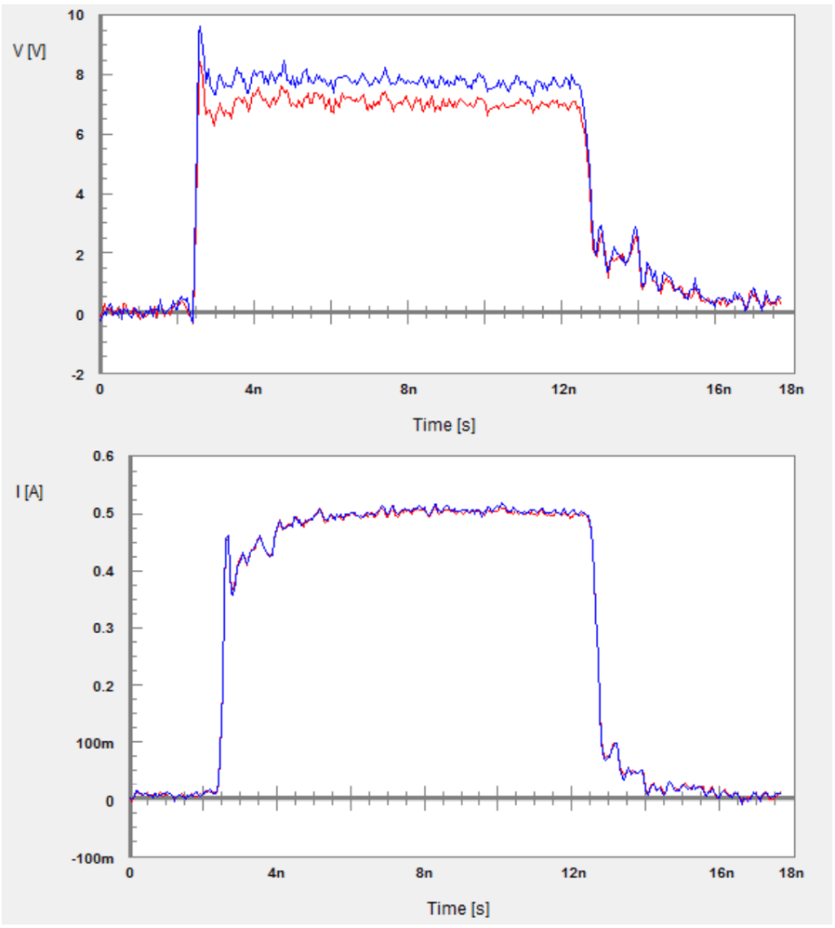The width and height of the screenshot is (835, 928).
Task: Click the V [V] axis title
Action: coord(29,51)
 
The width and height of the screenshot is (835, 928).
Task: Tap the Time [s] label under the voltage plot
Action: coord(444,424)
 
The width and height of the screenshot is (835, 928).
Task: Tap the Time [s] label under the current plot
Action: coord(458,908)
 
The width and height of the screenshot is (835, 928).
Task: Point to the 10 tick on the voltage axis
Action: coord(76,15)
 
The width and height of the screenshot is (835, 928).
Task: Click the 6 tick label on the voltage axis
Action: coord(80,135)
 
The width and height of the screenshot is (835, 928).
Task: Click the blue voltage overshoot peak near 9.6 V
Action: coord(199,27)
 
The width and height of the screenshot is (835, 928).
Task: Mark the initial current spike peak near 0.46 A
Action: coord(227,536)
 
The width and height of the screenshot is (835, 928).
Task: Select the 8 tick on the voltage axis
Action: coord(80,75)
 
